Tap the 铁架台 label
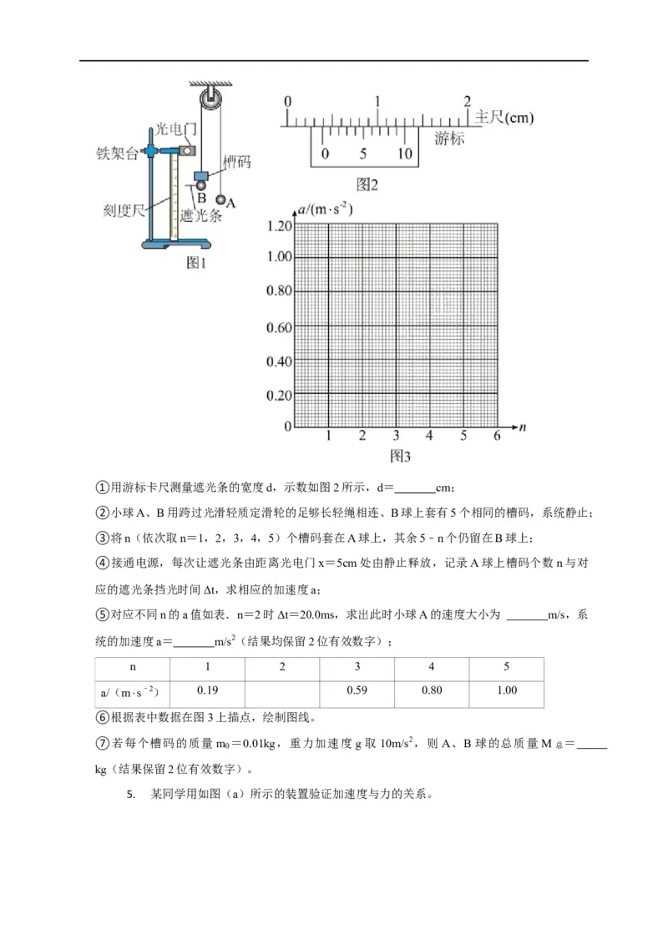pyautogui.click(x=118, y=154)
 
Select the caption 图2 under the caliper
pyautogui.click(x=367, y=184)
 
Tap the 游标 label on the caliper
pyautogui.click(x=449, y=139)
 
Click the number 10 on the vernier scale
pyautogui.click(x=404, y=154)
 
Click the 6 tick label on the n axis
pyautogui.click(x=496, y=436)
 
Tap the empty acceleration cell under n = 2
pyautogui.click(x=281, y=690)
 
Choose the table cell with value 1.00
pyautogui.click(x=506, y=690)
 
